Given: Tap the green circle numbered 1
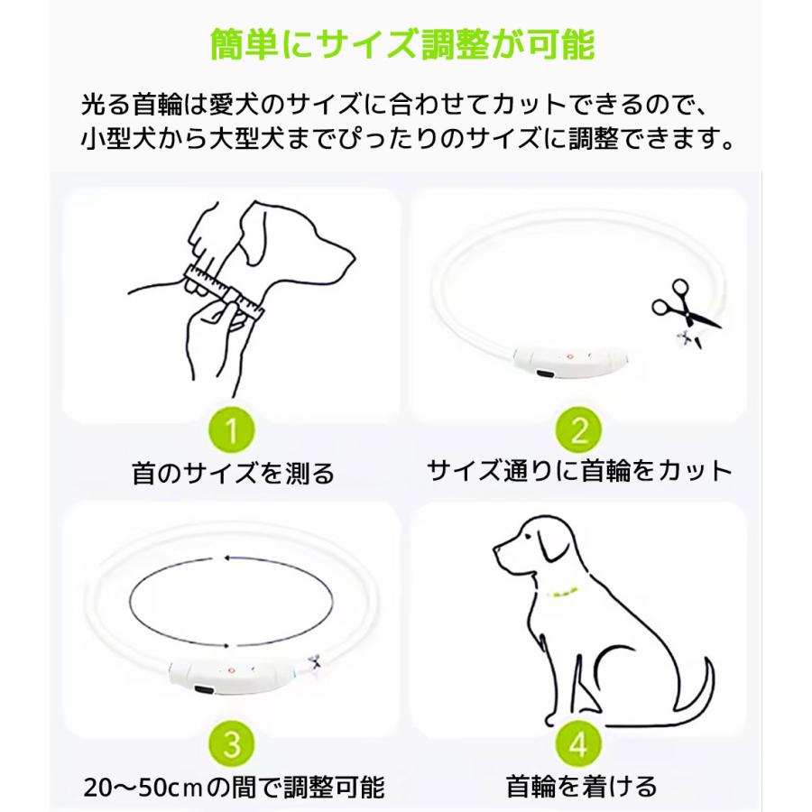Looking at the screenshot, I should coord(232,432).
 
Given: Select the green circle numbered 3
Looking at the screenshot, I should coord(232,746).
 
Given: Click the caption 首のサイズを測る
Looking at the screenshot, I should coord(233,473).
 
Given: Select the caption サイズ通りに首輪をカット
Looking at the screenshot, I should coord(579,470).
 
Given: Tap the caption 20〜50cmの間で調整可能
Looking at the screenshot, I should coord(234,787).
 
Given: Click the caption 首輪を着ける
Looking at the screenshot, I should coord(579,786).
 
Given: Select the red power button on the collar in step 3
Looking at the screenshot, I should coord(229,671).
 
